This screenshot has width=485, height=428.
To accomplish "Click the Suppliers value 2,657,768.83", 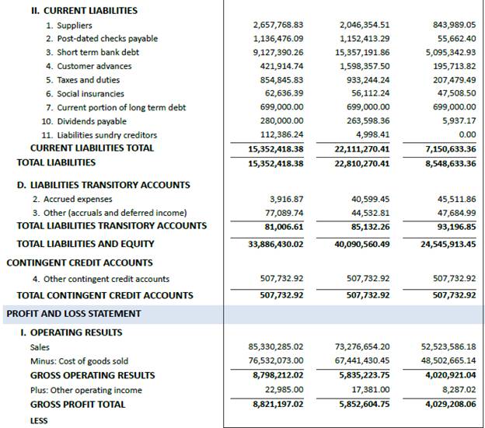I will (277, 26).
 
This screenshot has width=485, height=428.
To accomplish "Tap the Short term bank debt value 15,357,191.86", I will (365, 53).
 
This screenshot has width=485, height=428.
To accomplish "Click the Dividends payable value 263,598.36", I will (369, 121).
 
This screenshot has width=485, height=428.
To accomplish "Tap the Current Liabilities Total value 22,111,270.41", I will (361, 148).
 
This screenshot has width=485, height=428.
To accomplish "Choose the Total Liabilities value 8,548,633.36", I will (451, 164).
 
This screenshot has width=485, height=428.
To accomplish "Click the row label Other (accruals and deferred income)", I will (121, 213).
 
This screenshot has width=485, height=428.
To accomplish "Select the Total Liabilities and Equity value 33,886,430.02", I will (275, 245).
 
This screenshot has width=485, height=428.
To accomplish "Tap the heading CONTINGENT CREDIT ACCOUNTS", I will (79, 263).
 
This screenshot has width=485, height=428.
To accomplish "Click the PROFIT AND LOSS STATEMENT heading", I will (74, 314).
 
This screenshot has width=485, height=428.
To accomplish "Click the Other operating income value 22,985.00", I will (284, 390).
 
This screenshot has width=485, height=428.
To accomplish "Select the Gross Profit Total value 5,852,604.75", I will (365, 405).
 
